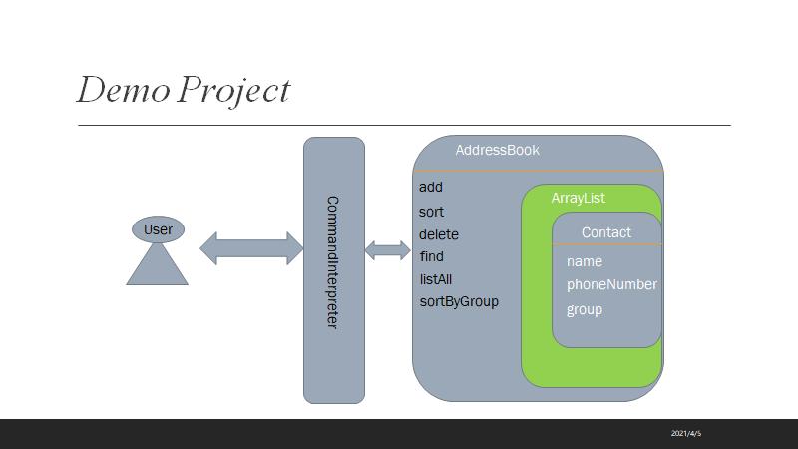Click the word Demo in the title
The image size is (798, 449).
coord(123,90)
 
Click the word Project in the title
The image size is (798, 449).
coord(234,91)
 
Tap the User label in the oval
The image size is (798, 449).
coord(158,229)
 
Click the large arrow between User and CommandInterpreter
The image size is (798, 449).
coord(251,248)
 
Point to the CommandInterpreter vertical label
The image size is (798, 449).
coord(332,262)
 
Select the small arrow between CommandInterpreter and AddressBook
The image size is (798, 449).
coord(388,250)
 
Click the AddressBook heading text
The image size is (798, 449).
coord(497,151)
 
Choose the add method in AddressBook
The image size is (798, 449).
coord(431,187)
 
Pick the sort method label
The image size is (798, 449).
coord(431,212)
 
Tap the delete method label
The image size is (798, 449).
coord(439,234)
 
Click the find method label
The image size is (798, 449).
coord(432,256)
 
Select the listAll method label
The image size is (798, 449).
coord(436,279)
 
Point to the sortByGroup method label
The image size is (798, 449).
coord(459,302)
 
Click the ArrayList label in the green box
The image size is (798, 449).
coord(579,198)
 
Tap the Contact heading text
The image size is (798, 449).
coord(606,232)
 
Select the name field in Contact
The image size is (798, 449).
coord(585,261)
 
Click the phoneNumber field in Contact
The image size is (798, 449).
coord(611,284)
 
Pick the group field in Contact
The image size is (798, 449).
coord(585,310)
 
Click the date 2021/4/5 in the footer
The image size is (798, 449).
coord(686,434)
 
